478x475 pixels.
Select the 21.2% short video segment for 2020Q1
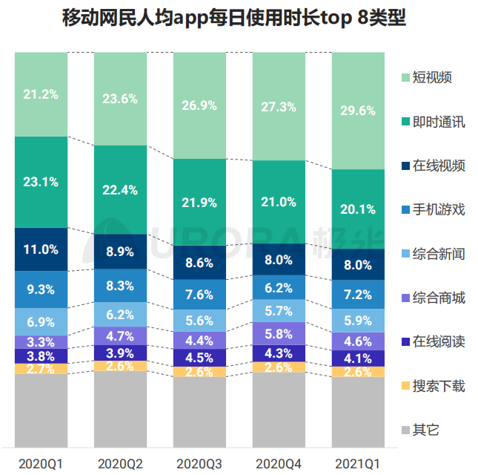point(41,94)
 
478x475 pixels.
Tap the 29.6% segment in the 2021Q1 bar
point(359,111)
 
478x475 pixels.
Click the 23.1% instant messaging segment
point(41,181)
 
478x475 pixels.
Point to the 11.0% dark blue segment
point(41,249)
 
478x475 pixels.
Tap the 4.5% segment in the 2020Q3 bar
point(199,358)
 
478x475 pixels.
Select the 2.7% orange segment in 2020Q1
point(41,368)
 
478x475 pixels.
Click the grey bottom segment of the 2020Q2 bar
point(120,409)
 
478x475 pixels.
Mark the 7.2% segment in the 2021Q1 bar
point(359,295)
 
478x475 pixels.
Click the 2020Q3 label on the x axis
point(199,463)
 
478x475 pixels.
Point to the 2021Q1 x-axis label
point(359,463)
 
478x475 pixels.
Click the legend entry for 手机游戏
point(438,209)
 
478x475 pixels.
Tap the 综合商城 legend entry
point(438,298)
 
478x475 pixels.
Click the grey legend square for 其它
point(405,430)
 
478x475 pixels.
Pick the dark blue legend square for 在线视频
point(405,166)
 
